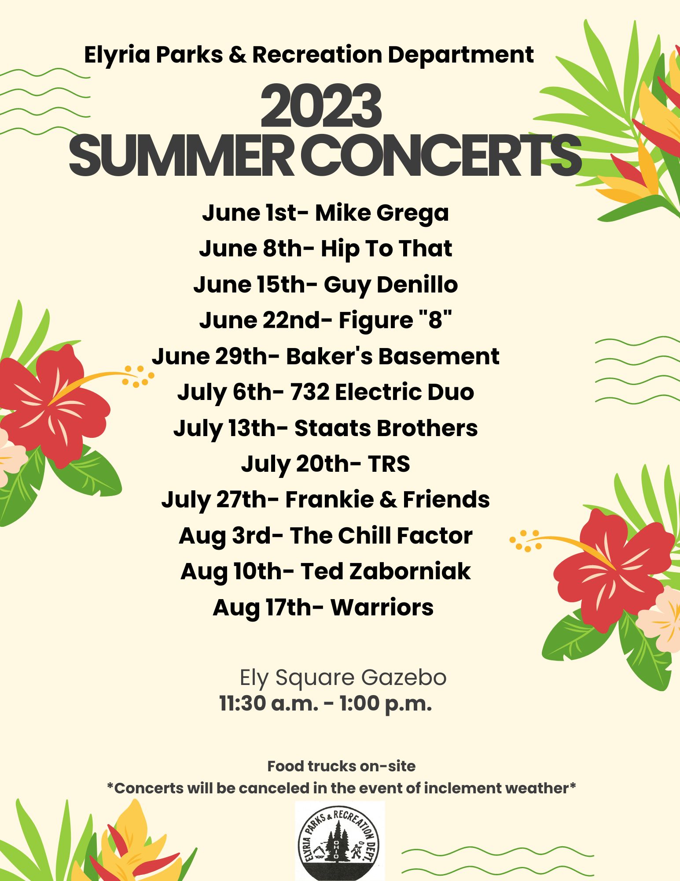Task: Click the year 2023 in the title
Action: click(321, 107)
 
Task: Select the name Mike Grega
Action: click(382, 213)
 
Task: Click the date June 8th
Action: click(251, 249)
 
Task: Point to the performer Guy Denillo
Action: click(391, 285)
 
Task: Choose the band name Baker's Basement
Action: click(393, 356)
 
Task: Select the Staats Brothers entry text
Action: click(386, 428)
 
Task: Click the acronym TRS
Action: click(389, 464)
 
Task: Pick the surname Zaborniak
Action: click(410, 571)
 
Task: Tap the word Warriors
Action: click(382, 607)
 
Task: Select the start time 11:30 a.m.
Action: click(268, 703)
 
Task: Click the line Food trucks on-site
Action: click(342, 766)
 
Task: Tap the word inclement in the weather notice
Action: click(466, 788)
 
